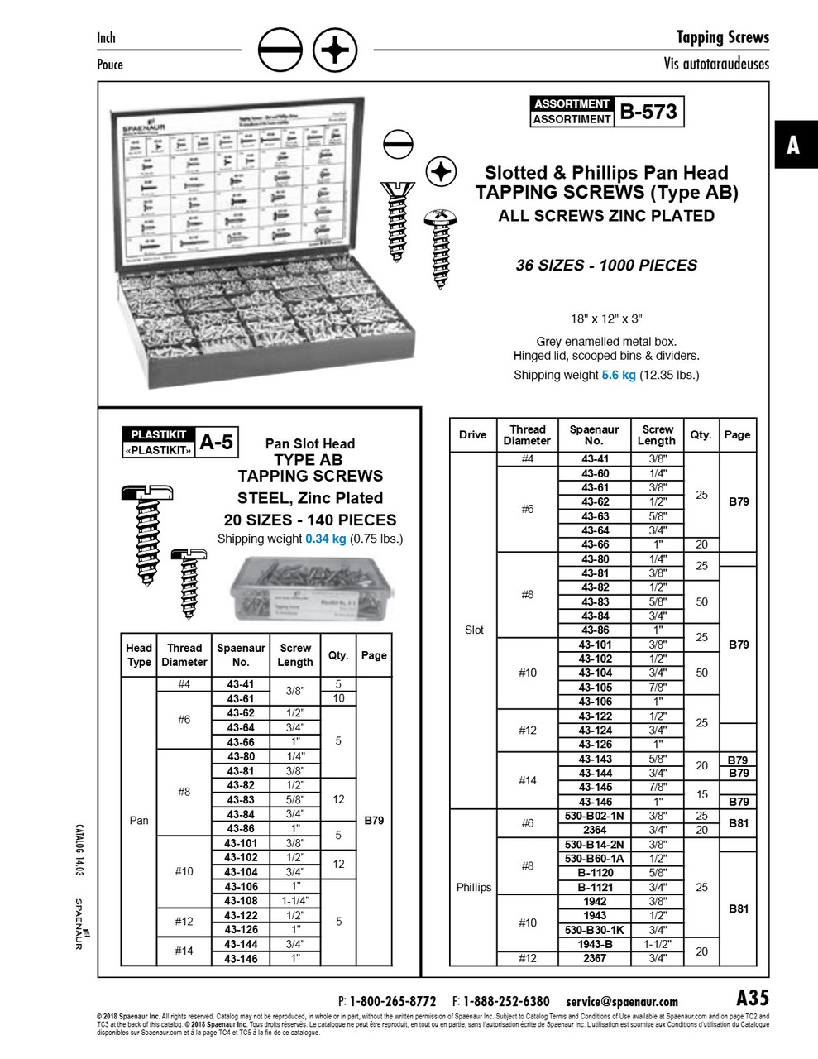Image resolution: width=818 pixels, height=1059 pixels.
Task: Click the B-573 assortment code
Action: pos(648,111)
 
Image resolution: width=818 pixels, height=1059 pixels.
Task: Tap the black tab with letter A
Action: pos(793,145)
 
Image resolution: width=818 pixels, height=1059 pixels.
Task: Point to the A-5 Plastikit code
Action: pos(217,443)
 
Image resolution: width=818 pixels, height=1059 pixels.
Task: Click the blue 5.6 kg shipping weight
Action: pos(619,375)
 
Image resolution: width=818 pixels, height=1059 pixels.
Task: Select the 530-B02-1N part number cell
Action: pos(595,816)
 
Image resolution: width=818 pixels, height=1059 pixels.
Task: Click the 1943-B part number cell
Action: pos(595,944)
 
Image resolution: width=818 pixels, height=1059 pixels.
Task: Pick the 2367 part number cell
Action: pos(595,958)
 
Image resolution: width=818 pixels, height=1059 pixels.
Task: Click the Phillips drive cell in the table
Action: pos(474,887)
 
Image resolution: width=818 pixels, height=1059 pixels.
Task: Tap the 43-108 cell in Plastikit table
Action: pos(241,901)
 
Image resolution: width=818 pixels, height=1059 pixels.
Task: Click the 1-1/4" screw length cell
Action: pos(295,901)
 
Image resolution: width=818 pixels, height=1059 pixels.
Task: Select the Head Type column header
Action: pos(139,654)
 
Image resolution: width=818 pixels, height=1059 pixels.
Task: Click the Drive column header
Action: pos(472,434)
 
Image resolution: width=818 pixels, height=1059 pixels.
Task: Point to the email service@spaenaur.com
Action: pos(622,1001)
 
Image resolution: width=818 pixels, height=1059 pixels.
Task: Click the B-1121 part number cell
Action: pos(595,887)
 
